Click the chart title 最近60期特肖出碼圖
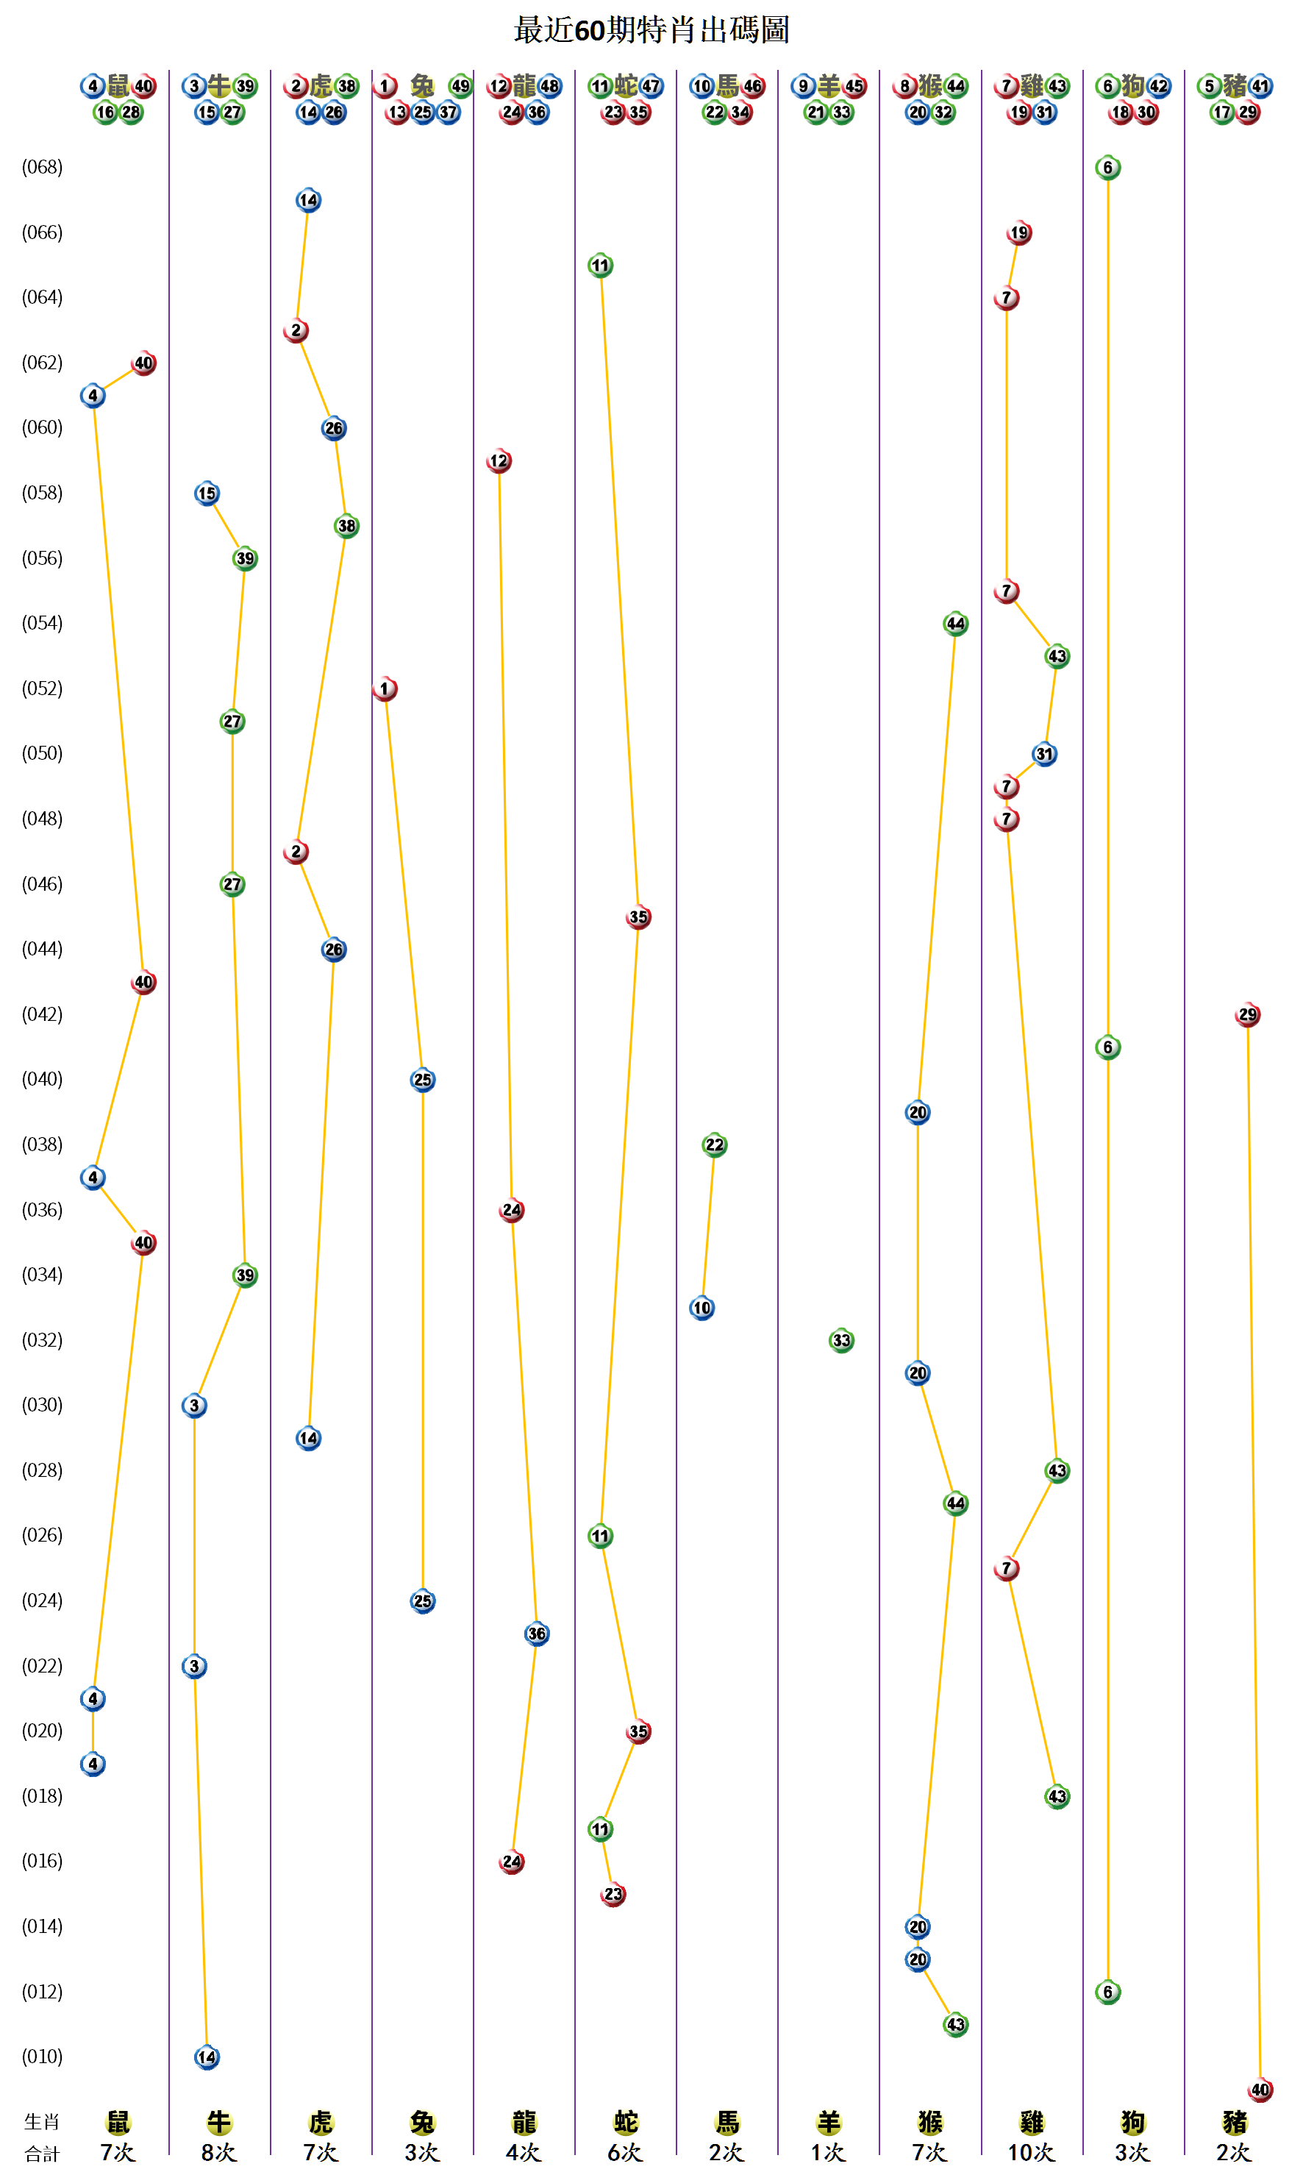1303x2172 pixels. coord(651,30)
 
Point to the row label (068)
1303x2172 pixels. coord(42,167)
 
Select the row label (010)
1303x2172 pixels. coord(42,2056)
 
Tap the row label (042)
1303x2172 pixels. coord(42,1014)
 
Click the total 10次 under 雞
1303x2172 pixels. coord(1031,2152)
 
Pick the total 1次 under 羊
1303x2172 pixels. coord(827,2152)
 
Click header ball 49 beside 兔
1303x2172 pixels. coord(460,86)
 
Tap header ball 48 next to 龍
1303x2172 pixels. coord(549,86)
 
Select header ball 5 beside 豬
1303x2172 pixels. coord(1209,86)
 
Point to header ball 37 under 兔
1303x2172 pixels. coord(449,113)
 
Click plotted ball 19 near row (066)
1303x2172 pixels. coord(1018,232)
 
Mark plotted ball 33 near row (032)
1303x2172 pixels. coord(841,1340)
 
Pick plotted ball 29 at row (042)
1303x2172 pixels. coord(1247,1014)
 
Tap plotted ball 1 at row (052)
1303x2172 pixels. coord(385,688)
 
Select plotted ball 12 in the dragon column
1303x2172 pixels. coord(499,460)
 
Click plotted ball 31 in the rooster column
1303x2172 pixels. coord(1044,754)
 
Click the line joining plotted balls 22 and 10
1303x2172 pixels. coord(709,1226)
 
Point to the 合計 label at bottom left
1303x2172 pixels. coord(41,2154)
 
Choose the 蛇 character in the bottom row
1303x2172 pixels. coord(625,2123)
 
